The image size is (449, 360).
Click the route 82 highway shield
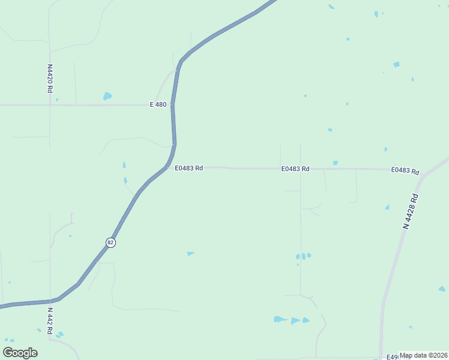click(x=110, y=242)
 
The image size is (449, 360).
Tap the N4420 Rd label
click(x=50, y=79)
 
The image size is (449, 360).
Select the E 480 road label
click(x=158, y=104)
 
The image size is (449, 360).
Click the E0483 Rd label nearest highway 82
click(x=189, y=169)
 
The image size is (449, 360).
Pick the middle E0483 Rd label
click(x=295, y=169)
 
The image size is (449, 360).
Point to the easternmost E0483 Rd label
click(x=405, y=170)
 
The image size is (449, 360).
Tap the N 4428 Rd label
click(x=411, y=211)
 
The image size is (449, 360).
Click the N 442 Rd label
click(x=50, y=321)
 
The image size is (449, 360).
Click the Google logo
click(x=20, y=353)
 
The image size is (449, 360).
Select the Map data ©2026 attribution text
click(x=423, y=355)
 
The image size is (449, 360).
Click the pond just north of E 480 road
click(x=107, y=96)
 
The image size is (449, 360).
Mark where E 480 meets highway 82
click(x=173, y=105)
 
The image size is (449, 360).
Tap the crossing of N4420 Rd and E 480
click(x=50, y=105)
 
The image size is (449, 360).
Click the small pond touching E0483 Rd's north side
click(x=336, y=163)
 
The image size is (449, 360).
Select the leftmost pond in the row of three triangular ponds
click(x=279, y=319)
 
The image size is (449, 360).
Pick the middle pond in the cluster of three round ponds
click(x=304, y=256)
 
